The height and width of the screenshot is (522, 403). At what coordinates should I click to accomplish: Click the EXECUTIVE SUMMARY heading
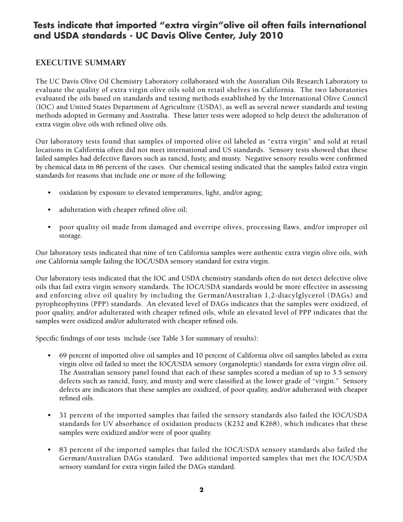(81, 63)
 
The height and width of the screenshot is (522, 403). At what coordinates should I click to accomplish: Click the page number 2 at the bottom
(201, 490)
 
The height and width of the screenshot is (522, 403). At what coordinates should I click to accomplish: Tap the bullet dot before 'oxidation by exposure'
(50, 193)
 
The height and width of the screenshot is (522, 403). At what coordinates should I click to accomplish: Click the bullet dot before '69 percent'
(50, 356)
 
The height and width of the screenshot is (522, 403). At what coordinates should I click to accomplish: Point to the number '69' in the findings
(63, 356)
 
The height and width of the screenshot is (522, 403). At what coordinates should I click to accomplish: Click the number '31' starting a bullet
(63, 415)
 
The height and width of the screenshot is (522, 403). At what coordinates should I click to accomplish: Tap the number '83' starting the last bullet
(63, 450)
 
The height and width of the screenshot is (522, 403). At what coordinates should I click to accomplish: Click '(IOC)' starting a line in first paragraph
(44, 107)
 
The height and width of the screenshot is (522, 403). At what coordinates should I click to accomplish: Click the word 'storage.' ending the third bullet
(70, 236)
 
